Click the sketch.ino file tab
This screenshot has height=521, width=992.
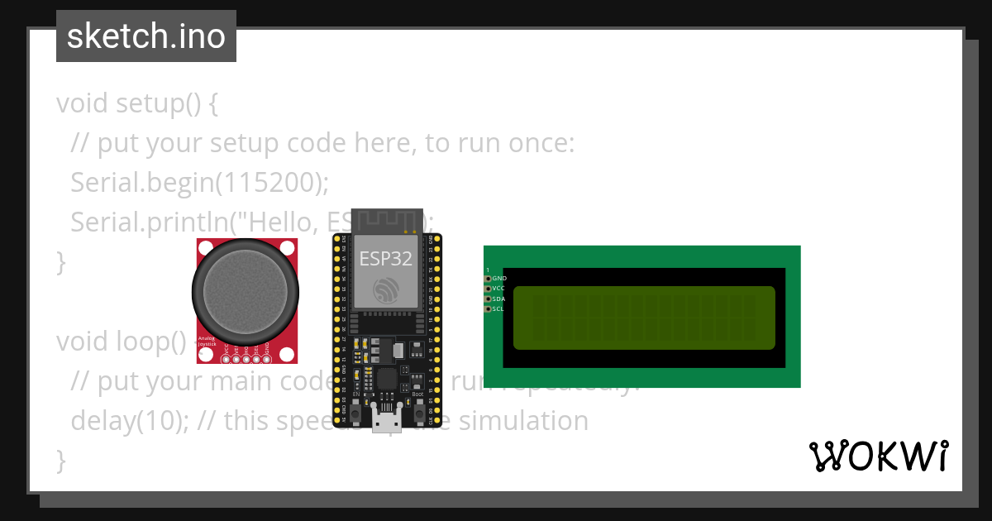tap(145, 36)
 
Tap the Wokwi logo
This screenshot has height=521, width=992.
tap(878, 456)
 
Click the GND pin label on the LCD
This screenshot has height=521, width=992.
tap(499, 279)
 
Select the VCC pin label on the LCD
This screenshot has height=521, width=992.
tap(498, 289)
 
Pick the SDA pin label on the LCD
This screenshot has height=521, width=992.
tap(498, 299)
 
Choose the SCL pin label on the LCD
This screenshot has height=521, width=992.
tap(498, 308)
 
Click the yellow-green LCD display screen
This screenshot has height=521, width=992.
tap(644, 318)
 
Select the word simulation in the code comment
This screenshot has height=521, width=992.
tap(523, 421)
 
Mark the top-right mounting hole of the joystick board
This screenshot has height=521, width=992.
tap(287, 247)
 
